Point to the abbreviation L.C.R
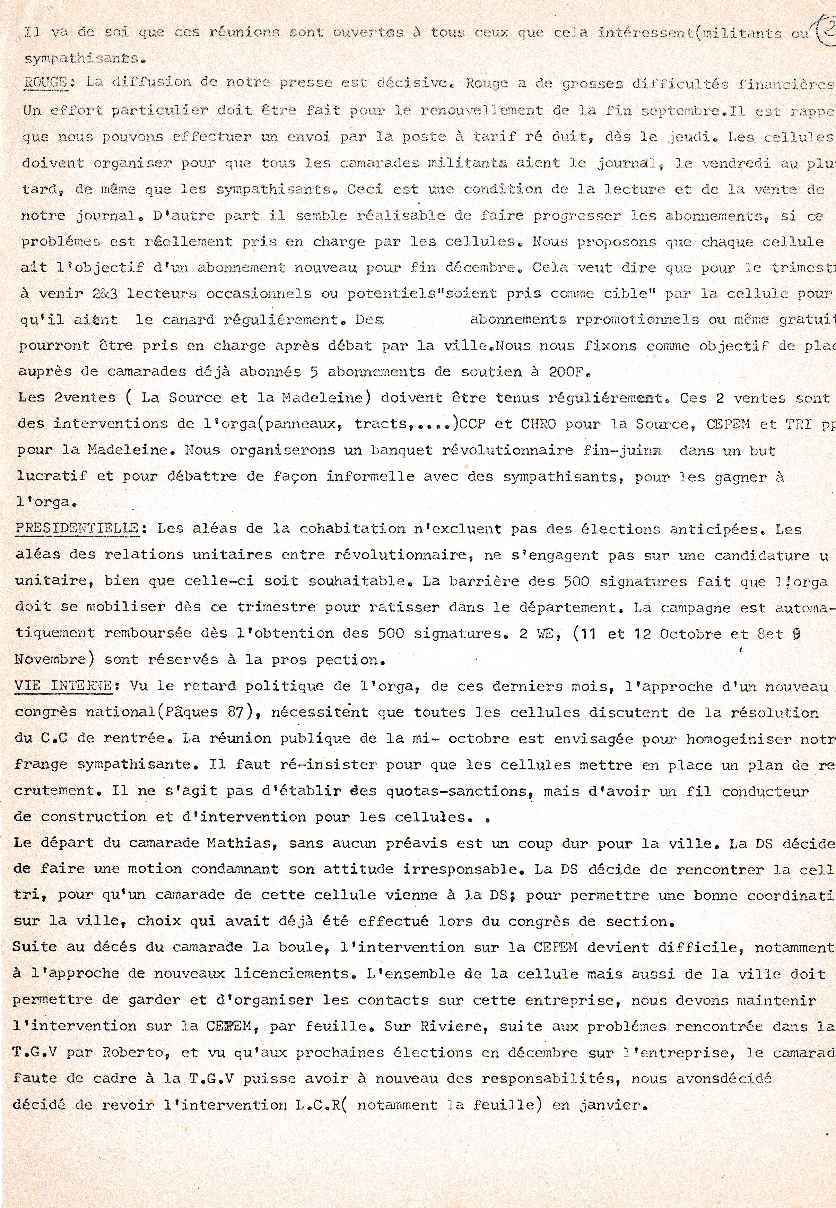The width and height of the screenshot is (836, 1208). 310,1105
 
